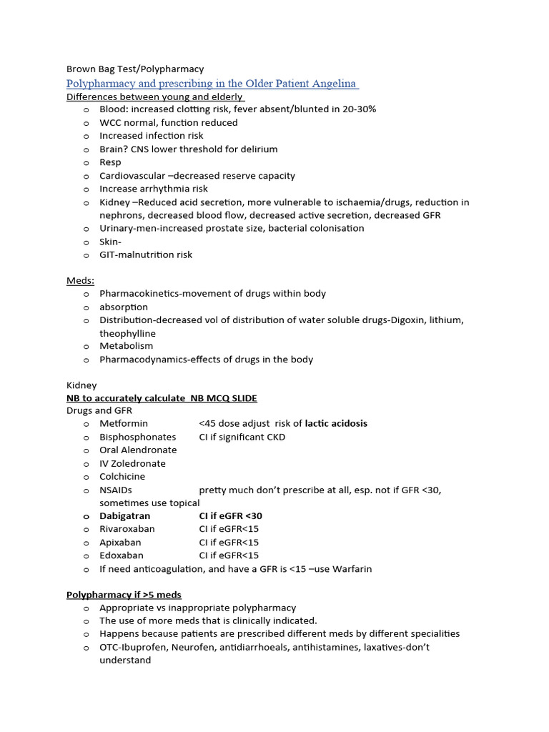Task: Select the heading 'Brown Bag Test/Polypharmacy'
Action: point(135,69)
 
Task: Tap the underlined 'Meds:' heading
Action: point(80,280)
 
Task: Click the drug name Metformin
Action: point(124,423)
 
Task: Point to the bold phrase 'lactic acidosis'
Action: point(336,423)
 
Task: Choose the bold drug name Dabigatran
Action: point(125,515)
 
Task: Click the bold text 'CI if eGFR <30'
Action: point(231,515)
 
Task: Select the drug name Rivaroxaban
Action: point(127,529)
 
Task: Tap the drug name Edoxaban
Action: point(122,555)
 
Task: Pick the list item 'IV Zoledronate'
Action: point(132,463)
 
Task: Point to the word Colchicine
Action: point(122,476)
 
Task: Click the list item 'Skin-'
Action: point(110,242)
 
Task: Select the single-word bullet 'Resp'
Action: point(110,162)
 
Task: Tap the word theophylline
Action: point(127,333)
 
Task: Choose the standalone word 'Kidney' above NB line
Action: point(81,385)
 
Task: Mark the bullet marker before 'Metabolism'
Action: point(86,347)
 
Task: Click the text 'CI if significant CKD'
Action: point(242,437)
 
